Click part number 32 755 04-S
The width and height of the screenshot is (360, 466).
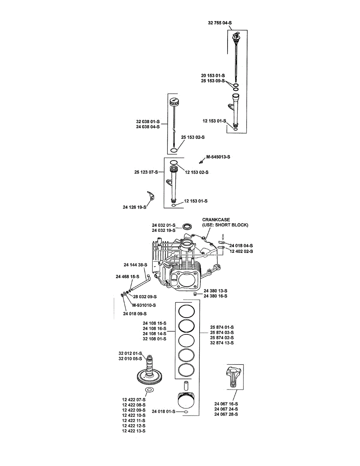click(220, 23)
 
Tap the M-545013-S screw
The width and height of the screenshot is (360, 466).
click(201, 161)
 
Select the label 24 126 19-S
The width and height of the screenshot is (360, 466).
click(134, 207)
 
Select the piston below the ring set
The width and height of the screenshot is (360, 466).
click(186, 401)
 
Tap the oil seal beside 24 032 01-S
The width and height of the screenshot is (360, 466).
click(187, 226)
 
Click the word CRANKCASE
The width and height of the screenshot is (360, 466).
click(216, 219)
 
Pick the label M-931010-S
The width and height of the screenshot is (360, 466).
click(144, 305)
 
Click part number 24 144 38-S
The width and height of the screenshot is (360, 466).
click(136, 265)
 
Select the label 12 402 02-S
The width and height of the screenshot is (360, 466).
click(241, 251)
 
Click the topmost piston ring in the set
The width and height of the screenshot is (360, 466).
click(186, 311)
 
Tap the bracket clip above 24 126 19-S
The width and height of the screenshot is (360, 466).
click(151, 196)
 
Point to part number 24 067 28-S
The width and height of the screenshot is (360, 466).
click(226, 414)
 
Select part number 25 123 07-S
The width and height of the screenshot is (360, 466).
click(146, 172)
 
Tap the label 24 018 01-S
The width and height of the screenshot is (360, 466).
click(163, 411)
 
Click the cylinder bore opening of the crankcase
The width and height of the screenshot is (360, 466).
click(185, 281)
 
